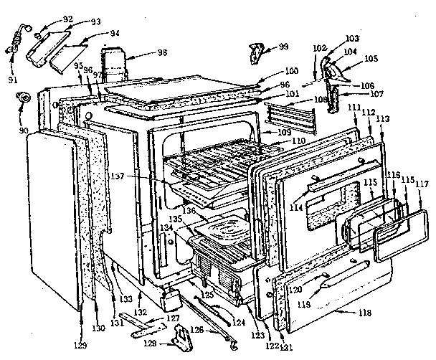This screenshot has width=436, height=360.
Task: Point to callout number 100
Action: (x=272, y=72)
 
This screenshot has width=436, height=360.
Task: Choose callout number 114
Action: (x=295, y=208)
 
